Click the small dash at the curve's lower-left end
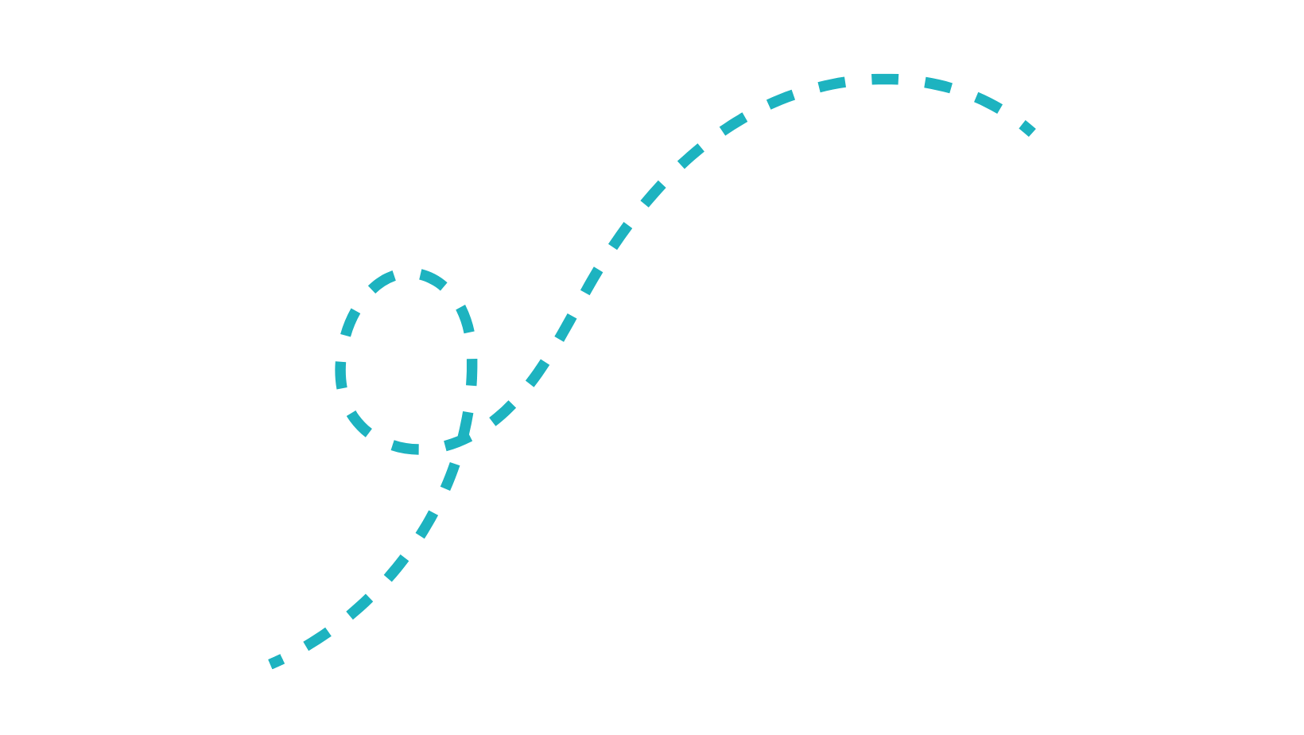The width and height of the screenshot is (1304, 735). pos(276,661)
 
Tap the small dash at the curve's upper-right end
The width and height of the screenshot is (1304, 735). pos(1027,128)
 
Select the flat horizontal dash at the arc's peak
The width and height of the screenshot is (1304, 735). pos(885,80)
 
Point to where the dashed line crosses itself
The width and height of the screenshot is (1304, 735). pos(464,436)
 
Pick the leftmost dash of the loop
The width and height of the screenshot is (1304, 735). pos(340,374)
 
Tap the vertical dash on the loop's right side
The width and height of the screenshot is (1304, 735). pos(472,372)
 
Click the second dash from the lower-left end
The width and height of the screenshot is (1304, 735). pos(317,639)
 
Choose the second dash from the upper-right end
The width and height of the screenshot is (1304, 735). pos(988,103)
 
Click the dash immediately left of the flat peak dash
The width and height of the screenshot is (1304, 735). pos(832,84)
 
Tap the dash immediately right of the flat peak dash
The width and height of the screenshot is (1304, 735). pos(938,84)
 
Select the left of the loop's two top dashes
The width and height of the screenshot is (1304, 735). pos(382,281)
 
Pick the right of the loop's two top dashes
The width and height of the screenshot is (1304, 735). pos(433,279)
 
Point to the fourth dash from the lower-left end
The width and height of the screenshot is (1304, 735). pos(396,567)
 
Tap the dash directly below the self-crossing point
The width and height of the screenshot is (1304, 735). pos(451,476)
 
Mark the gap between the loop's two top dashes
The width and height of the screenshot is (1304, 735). pos(408,274)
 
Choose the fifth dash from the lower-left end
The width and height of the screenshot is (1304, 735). pos(427,524)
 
